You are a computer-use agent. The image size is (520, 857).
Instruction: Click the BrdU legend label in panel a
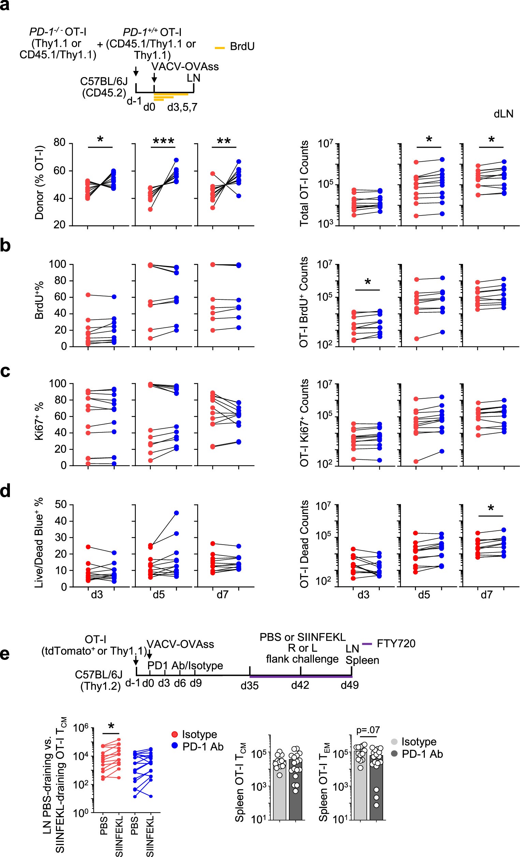(x=242, y=47)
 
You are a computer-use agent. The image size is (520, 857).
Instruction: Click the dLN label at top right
(x=503, y=114)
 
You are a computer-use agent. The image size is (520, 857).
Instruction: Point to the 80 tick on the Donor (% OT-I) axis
(x=59, y=143)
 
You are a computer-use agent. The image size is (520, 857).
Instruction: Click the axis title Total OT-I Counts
(x=304, y=183)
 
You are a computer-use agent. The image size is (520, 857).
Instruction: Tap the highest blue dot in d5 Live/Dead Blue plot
(x=176, y=513)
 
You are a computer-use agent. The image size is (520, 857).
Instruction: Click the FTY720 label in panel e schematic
(x=396, y=644)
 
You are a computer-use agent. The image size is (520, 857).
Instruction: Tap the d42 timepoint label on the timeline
(x=300, y=685)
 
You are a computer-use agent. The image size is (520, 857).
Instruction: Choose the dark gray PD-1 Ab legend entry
(x=422, y=754)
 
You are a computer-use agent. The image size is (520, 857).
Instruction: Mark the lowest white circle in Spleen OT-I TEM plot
(x=376, y=805)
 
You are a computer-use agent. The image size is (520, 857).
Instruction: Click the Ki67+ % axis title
(x=39, y=421)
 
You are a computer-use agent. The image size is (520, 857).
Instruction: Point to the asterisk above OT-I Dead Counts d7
(x=491, y=509)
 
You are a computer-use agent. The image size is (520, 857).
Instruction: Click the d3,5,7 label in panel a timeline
(x=182, y=107)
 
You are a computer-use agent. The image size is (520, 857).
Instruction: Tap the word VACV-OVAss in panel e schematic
(x=180, y=644)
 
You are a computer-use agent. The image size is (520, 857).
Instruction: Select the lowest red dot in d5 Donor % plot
(x=150, y=209)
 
